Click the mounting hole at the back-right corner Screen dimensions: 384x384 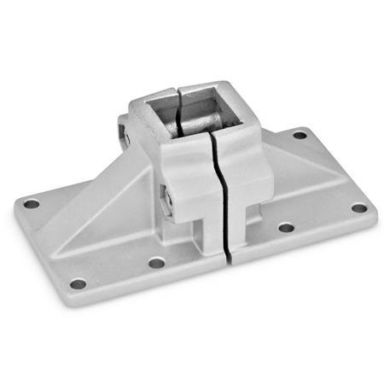[x=300, y=134]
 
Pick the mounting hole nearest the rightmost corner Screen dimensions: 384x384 [x=359, y=207]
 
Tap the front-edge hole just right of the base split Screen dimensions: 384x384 [x=286, y=228]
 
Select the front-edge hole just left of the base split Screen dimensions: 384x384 [x=156, y=263]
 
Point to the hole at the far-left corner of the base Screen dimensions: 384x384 [x=32, y=204]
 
